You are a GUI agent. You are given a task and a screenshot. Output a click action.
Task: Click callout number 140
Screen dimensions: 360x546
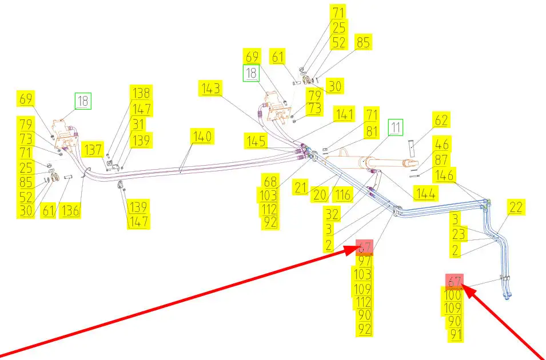pyautogui.click(x=202, y=137)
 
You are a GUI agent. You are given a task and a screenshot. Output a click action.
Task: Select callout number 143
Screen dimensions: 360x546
pyautogui.click(x=210, y=89)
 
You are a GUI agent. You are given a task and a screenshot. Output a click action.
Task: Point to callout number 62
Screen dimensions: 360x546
pyautogui.click(x=441, y=121)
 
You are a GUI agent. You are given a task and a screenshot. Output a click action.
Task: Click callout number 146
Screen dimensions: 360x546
pyautogui.click(x=445, y=175)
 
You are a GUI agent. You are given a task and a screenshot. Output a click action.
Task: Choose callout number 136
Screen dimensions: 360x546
pyautogui.click(x=71, y=210)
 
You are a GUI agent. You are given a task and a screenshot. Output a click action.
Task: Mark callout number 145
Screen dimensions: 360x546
pyautogui.click(x=256, y=141)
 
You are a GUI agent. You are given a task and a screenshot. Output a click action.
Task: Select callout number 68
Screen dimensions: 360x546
pyautogui.click(x=270, y=182)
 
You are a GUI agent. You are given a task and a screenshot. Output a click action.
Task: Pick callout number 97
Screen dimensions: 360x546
pyautogui.click(x=365, y=261)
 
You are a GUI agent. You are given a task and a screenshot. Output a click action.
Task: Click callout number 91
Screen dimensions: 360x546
pyautogui.click(x=455, y=334)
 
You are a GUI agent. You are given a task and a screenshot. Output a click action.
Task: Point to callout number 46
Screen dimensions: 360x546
pyautogui.click(x=441, y=145)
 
